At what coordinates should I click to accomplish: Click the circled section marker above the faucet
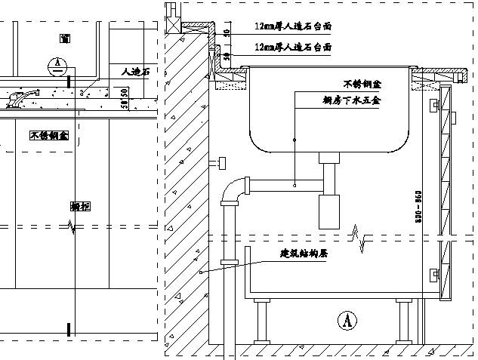coord(55,65)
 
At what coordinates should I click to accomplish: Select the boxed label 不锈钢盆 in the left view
coord(49,136)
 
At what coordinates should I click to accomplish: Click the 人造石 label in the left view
coord(135,72)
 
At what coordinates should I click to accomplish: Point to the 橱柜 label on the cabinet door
coord(80,206)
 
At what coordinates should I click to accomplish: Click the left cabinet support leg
coord(261,321)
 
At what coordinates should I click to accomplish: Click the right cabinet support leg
coord(402,321)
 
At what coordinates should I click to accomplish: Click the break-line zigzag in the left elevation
coord(72,226)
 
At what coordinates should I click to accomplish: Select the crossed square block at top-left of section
coord(172,11)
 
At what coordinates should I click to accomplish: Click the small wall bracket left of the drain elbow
coord(222,162)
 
